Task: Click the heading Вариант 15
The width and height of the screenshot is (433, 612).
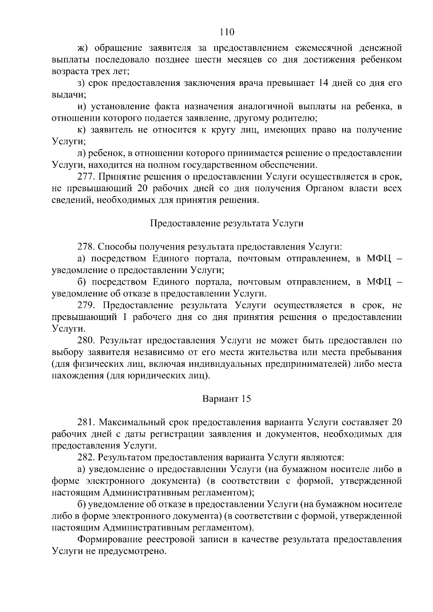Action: pyautogui.click(x=226, y=399)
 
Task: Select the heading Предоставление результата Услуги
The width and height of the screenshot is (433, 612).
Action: pyautogui.click(x=226, y=224)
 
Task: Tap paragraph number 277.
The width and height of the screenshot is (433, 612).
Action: pyautogui.click(x=86, y=177)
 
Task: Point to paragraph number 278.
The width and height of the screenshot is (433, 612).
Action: pyautogui.click(x=86, y=247)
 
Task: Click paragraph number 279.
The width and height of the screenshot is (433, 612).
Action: pyautogui.click(x=86, y=305)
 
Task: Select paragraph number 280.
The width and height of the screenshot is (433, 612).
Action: pyautogui.click(x=86, y=340)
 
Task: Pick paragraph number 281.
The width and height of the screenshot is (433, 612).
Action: pyautogui.click(x=86, y=422)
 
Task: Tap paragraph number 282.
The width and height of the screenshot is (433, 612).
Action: pyautogui.click(x=86, y=458)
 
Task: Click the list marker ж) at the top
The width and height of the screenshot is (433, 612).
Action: pyautogui.click(x=83, y=48)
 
